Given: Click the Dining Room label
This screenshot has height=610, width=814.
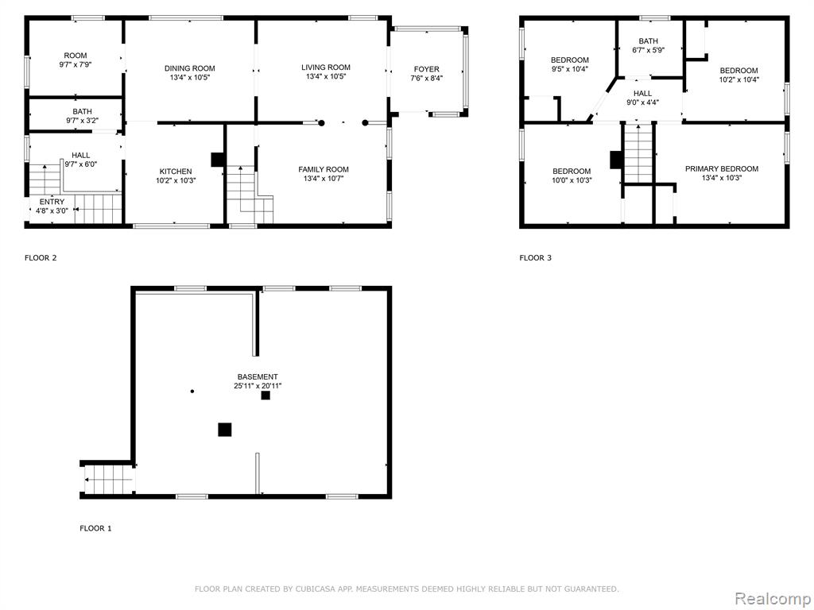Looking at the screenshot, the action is click(x=189, y=68).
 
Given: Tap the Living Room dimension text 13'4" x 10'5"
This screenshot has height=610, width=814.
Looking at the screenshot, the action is click(x=325, y=77).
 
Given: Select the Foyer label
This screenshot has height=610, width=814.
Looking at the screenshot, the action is click(x=426, y=69).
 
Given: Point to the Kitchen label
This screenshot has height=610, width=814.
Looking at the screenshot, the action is click(x=176, y=172).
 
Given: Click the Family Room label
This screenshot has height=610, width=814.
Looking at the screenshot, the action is click(x=324, y=169).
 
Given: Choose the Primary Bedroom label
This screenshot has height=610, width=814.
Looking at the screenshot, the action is click(x=722, y=168).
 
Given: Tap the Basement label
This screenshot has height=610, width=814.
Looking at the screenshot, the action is click(x=258, y=376).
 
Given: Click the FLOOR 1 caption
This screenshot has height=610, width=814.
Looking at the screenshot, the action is click(x=95, y=528).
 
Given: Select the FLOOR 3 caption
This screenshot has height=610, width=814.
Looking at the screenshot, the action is click(x=535, y=258).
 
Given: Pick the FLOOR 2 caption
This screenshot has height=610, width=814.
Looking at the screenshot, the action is click(x=41, y=258).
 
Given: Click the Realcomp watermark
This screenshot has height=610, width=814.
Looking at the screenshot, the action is click(x=771, y=598).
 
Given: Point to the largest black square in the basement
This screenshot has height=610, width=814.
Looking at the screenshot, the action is click(x=225, y=430).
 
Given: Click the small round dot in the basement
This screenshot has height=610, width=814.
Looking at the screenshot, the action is click(x=192, y=391).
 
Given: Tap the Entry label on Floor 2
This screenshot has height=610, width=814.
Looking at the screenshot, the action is click(x=52, y=202).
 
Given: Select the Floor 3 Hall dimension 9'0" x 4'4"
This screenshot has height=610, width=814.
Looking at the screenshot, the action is click(x=642, y=102).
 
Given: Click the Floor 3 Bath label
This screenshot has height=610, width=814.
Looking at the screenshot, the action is click(x=649, y=41).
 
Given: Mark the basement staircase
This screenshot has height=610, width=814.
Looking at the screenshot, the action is click(x=109, y=479).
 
